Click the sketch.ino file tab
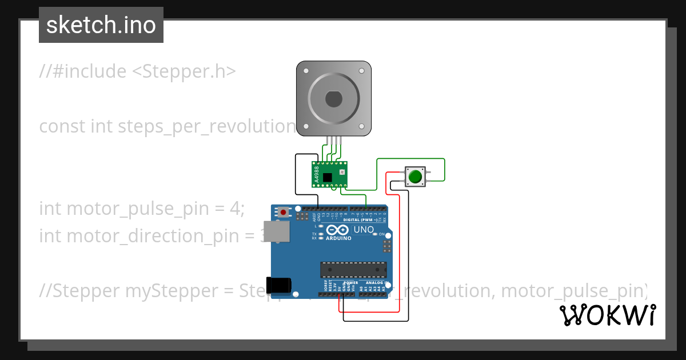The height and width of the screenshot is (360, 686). [101, 25]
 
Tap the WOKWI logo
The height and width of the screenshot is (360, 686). [607, 315]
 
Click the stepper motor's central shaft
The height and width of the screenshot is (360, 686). [333, 99]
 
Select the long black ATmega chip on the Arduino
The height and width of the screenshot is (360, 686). [353, 269]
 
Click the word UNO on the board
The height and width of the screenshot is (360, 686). [364, 230]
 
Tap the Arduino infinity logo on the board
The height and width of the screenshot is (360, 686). [337, 230]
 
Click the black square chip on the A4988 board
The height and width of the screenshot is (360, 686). [327, 178]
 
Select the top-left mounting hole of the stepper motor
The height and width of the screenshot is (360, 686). [306, 71]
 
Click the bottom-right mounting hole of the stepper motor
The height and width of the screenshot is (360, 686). [361, 127]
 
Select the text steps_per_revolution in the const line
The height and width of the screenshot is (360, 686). [206, 126]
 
